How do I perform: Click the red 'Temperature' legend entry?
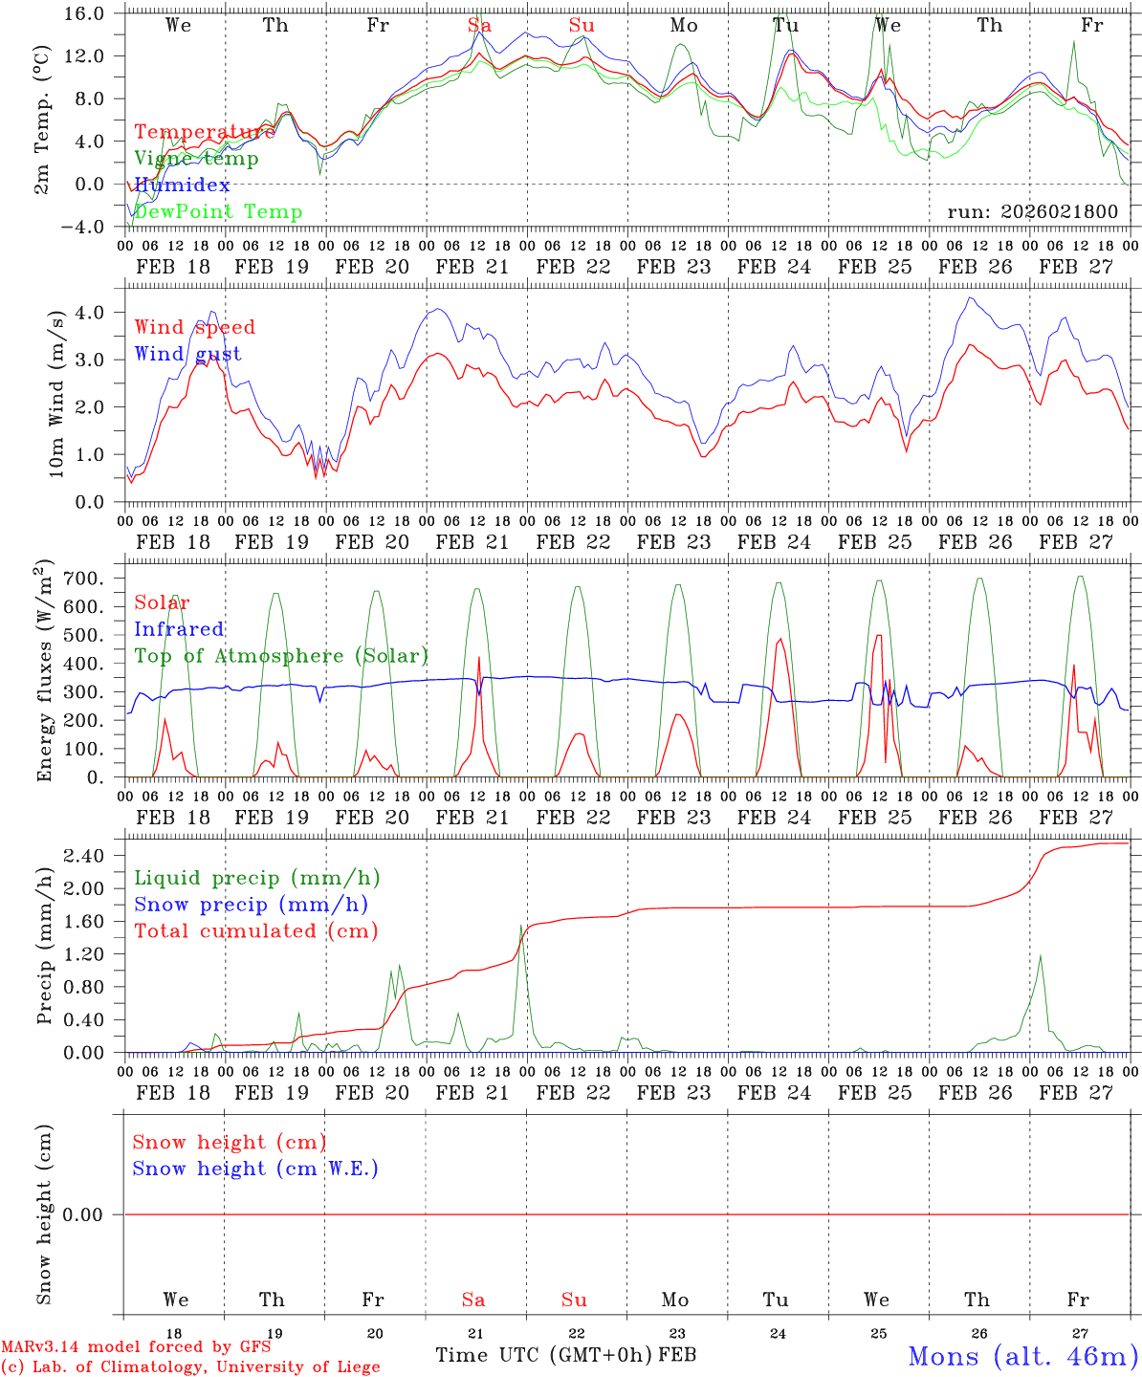click(x=204, y=132)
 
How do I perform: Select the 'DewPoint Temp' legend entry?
click(x=218, y=212)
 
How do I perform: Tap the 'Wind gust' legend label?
click(x=187, y=354)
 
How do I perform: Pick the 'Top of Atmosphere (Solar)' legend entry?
click(x=281, y=656)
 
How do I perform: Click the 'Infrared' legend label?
click(x=179, y=629)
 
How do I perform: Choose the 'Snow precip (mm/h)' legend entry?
click(x=251, y=905)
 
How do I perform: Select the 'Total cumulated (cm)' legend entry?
click(x=255, y=931)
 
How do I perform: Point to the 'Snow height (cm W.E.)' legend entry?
click(x=255, y=1169)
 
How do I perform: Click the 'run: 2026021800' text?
click(x=1032, y=212)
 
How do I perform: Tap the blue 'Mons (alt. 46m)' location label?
click(x=1022, y=1356)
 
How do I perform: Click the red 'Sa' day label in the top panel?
click(x=479, y=26)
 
